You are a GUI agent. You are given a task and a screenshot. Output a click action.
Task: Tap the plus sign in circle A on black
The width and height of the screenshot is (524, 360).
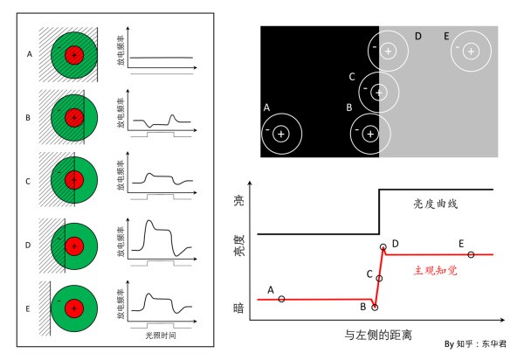(281, 134)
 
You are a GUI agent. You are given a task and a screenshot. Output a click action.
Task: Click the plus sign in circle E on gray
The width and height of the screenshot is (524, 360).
(472, 52)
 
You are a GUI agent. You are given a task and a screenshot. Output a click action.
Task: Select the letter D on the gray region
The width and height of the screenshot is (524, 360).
(418, 36)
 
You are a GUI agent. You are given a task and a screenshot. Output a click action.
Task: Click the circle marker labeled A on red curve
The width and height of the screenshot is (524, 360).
(281, 299)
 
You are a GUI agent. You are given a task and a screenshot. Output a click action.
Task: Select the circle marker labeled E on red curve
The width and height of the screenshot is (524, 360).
(471, 254)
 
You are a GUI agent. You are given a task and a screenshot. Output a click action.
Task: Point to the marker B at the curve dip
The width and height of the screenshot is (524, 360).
(375, 307)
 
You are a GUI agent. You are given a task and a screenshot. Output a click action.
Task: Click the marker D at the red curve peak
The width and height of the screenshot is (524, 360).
(383, 248)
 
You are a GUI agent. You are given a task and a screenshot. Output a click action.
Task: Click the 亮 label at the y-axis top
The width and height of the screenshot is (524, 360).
(240, 200)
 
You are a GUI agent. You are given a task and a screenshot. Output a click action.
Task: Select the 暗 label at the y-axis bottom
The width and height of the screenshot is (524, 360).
(240, 308)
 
